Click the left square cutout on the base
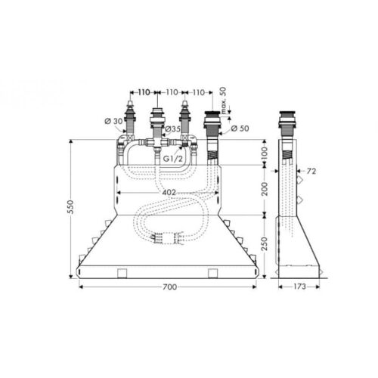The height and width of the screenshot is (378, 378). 121,271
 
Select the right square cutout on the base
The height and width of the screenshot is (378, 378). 215,271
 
